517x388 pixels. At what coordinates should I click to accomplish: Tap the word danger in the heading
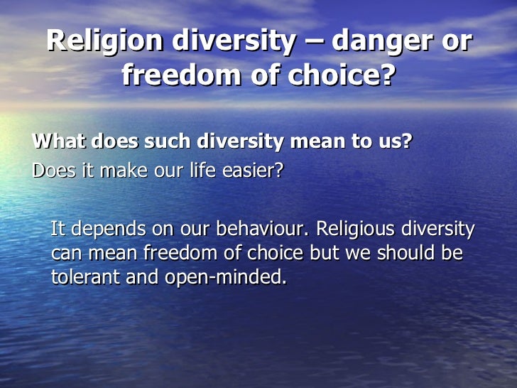pos(383,41)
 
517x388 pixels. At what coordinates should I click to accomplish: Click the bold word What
pos(56,141)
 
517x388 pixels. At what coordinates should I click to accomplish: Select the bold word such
pos(168,141)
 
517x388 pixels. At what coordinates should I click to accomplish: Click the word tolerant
pos(85,277)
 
